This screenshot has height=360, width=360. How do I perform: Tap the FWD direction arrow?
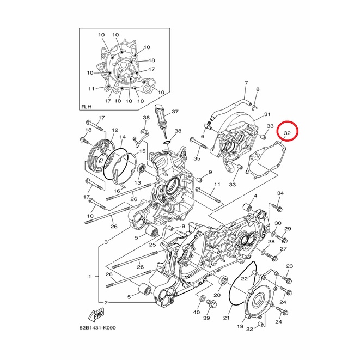point(96,314)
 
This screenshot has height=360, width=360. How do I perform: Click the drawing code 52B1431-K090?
point(97,328)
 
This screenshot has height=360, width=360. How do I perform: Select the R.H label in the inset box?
point(87,107)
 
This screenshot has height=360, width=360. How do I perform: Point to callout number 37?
point(175,112)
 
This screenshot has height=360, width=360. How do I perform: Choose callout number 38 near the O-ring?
point(178,131)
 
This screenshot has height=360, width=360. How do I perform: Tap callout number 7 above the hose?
point(246,83)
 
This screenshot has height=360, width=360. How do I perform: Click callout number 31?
point(267,114)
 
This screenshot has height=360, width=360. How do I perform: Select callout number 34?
point(280,193)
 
